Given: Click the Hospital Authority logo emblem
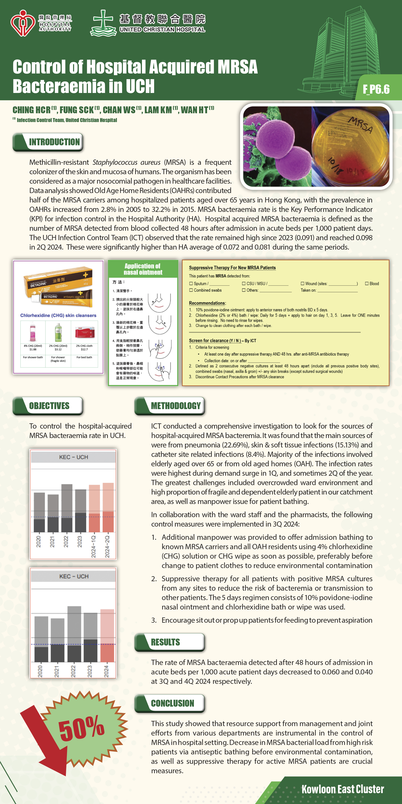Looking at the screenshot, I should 22,23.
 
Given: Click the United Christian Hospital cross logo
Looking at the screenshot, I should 103,23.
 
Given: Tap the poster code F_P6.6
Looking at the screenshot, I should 376,89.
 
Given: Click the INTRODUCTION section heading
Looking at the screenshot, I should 54,142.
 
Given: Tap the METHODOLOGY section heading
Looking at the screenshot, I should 175,406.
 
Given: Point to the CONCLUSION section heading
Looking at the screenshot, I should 172,703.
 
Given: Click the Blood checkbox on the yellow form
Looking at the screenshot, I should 367,283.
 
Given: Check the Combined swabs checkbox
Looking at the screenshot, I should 191,290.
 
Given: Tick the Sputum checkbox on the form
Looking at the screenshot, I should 191,283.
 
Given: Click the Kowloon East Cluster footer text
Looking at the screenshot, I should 342,789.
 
